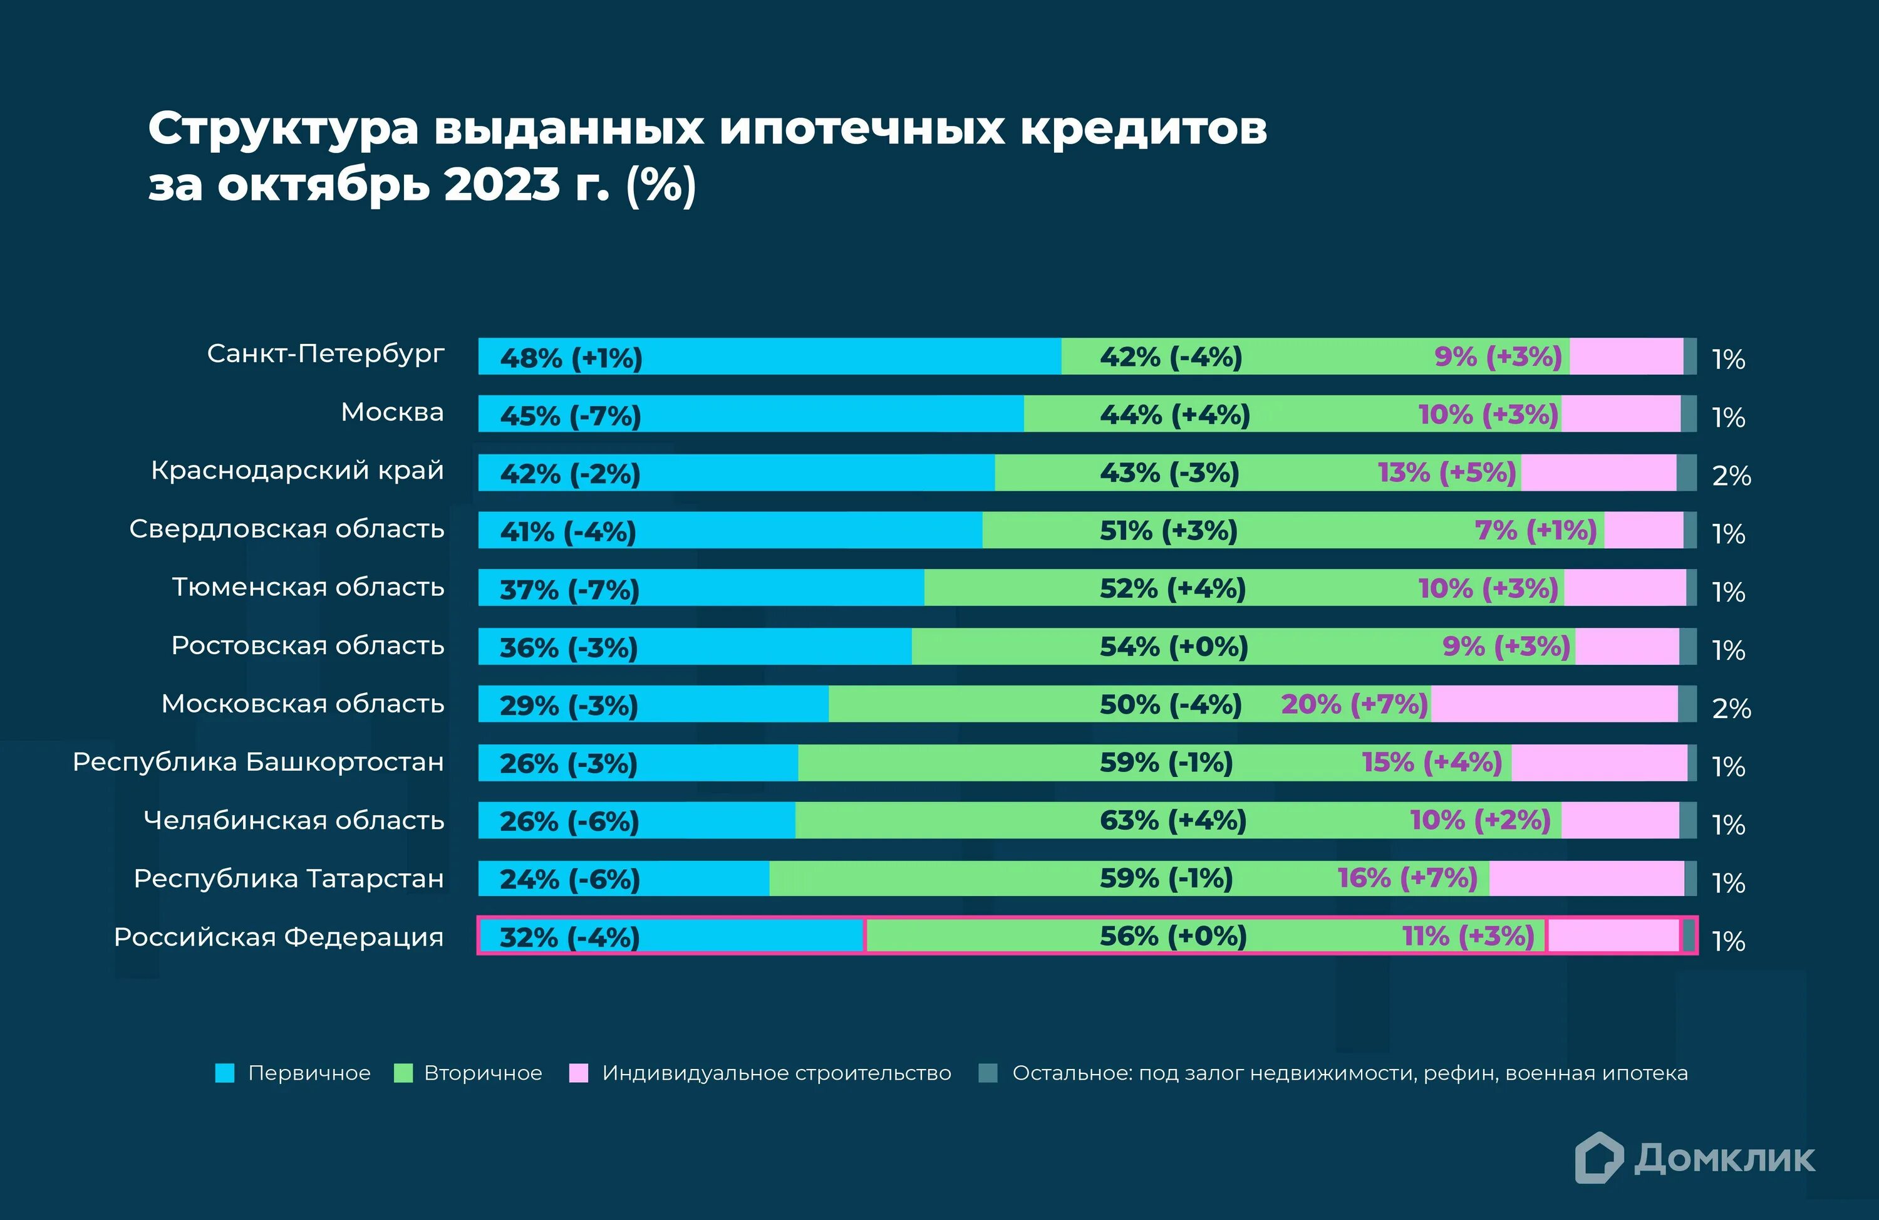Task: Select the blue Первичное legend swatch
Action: [x=225, y=1073]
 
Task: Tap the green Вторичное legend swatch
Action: [x=403, y=1073]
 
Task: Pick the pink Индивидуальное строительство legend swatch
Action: [x=579, y=1073]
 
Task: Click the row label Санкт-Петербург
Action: [x=325, y=354]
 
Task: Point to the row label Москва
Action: [x=392, y=412]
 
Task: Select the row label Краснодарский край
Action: [x=298, y=471]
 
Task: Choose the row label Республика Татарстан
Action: [x=289, y=879]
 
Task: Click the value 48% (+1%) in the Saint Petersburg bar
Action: [x=571, y=358]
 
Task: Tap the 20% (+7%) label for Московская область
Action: [x=1354, y=704]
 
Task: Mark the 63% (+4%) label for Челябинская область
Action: [x=1172, y=820]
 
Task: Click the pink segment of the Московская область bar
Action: [x=1554, y=704]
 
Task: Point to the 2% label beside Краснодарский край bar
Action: [x=1731, y=476]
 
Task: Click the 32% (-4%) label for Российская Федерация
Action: [x=569, y=937]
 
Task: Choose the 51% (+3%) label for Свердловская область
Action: [x=1169, y=531]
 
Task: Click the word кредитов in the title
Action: [x=1143, y=128]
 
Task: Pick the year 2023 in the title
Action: [x=502, y=185]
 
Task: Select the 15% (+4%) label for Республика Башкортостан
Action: [x=1431, y=763]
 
